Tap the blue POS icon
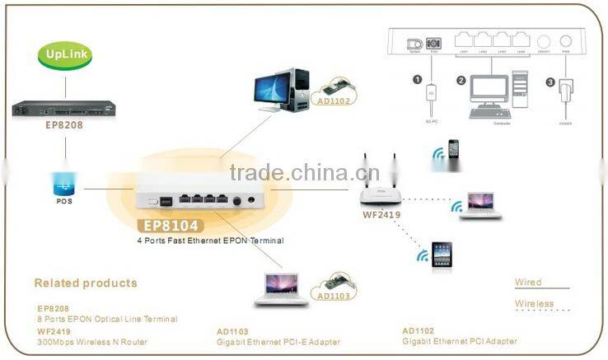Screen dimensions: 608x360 [65, 183]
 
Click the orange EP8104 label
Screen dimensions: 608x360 [169, 225]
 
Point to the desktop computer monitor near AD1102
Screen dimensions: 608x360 [273, 88]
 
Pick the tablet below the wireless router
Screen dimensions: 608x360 [442, 255]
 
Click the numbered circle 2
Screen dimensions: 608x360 [462, 81]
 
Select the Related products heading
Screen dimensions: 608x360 [86, 283]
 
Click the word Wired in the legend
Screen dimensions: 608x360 [528, 283]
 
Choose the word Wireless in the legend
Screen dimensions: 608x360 [534, 304]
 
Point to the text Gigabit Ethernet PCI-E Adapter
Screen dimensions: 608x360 [278, 341]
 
